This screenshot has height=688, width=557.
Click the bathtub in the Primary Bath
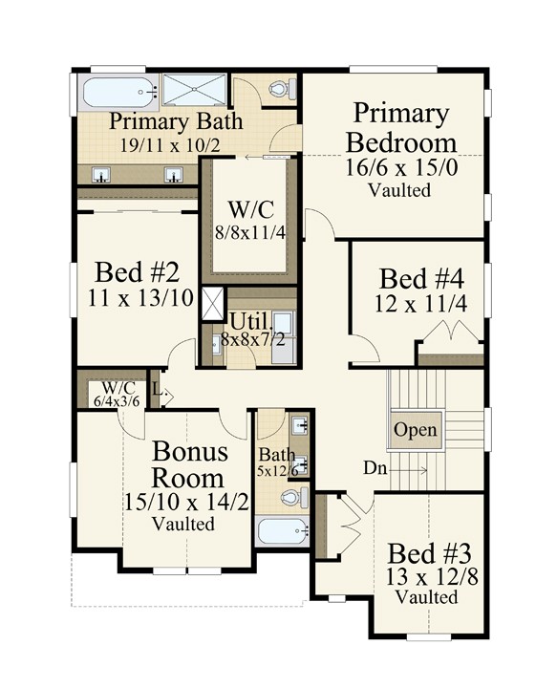[x=118, y=92]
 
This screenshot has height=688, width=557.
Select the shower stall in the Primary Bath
[x=194, y=90]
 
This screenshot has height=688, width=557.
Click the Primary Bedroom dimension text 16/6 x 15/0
[x=401, y=167]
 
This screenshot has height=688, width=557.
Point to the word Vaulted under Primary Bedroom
[x=399, y=190]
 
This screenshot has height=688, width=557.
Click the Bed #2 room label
[x=138, y=272]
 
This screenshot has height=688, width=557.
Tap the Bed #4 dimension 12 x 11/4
[x=420, y=304]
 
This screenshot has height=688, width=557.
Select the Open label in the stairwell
[x=416, y=430]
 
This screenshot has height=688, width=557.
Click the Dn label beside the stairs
[x=375, y=468]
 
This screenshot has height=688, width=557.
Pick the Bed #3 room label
[x=430, y=553]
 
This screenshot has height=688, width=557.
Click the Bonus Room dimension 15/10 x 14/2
[x=187, y=502]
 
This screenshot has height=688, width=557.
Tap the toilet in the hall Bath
[x=294, y=498]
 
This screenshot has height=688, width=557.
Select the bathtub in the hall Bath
[x=284, y=531]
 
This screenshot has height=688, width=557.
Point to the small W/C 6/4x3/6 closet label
[x=118, y=395]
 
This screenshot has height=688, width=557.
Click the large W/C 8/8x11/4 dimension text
[x=250, y=232]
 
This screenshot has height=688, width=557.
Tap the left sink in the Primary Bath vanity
[x=101, y=175]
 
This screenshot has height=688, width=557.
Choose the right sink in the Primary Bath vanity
[x=174, y=175]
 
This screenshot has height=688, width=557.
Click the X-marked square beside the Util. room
[x=213, y=304]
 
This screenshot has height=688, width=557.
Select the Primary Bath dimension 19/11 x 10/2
[x=171, y=144]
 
